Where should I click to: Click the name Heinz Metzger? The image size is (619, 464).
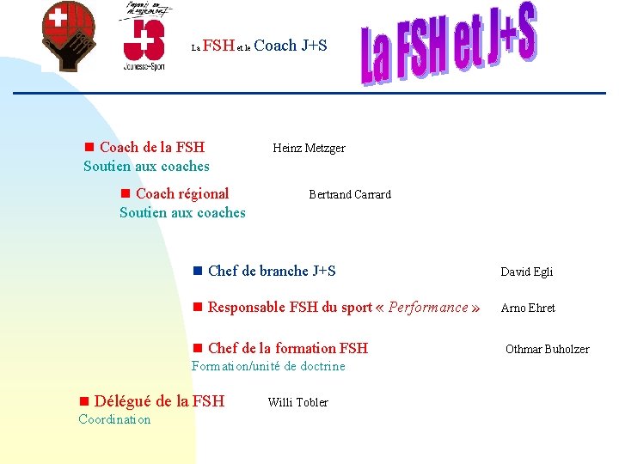309,148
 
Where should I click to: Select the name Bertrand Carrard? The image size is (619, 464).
349,194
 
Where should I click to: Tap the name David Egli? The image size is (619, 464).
526,272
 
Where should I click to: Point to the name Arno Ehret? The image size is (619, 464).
527,308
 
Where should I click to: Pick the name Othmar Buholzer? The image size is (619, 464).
547,349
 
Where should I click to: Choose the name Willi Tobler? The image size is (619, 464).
297,402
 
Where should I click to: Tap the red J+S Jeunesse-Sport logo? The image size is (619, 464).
144,39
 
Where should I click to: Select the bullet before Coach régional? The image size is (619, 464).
125,194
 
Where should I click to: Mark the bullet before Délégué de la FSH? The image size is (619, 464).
83,401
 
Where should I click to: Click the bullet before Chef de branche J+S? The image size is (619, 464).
197,272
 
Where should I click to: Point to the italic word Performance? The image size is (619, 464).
428,307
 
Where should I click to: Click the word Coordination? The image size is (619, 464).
114,419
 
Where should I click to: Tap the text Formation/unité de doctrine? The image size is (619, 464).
268,366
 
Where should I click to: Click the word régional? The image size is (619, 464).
202,193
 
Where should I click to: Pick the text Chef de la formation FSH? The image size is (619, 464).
287,348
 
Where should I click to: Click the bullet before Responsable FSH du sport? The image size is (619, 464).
197,308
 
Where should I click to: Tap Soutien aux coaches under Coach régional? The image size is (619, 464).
182,212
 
